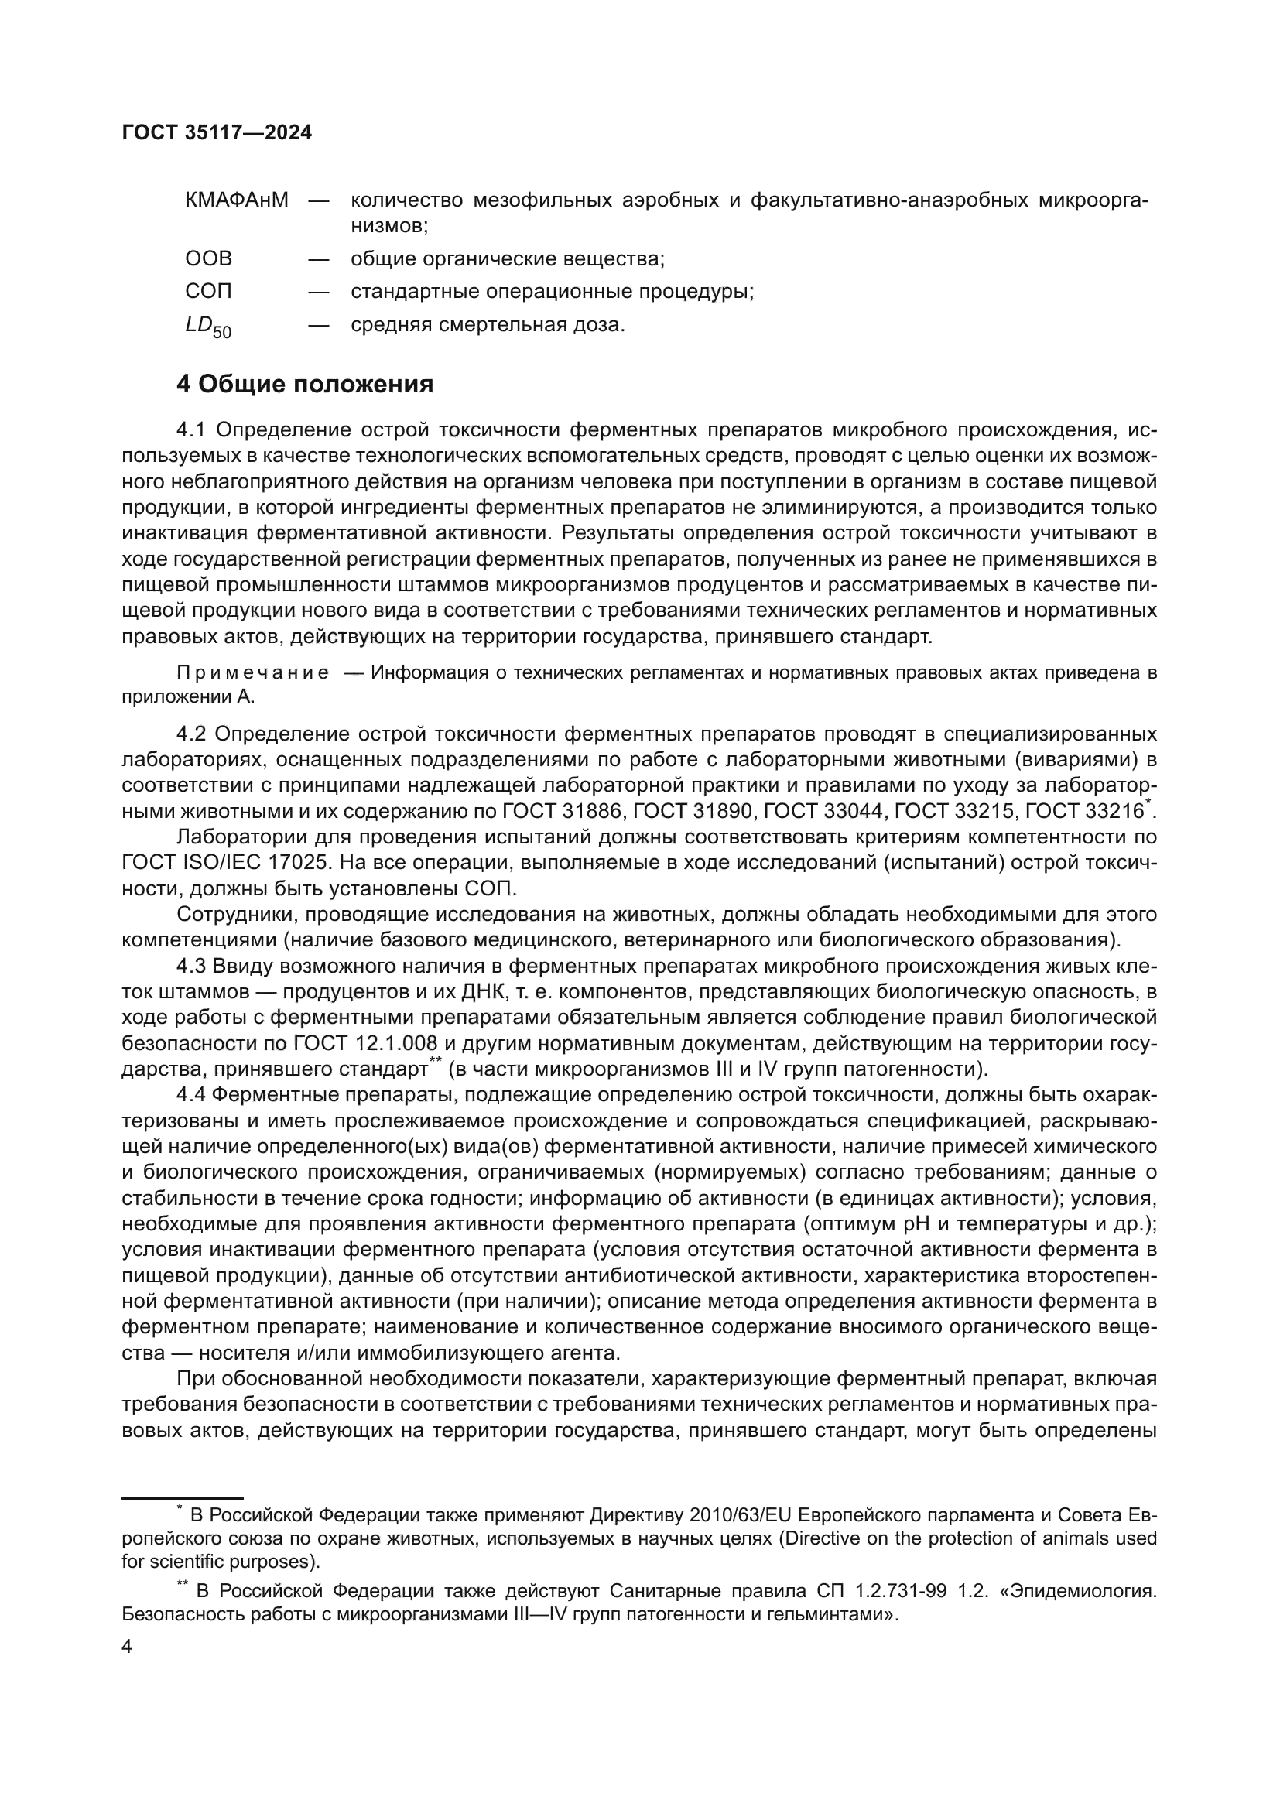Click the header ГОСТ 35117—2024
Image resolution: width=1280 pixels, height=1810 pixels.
point(217,133)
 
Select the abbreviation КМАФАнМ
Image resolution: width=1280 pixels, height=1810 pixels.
point(238,200)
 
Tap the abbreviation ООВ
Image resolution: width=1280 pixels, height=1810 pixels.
point(209,258)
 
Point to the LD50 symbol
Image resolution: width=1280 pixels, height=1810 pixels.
point(208,327)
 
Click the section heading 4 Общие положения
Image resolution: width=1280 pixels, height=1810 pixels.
point(305,385)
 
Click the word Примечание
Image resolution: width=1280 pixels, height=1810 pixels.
point(253,673)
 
